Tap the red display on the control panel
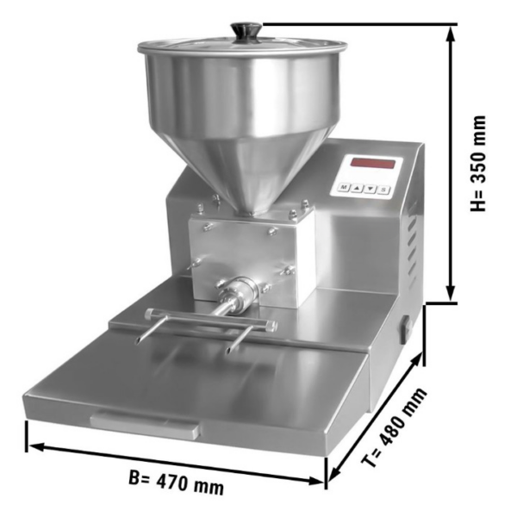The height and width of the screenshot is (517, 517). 373,163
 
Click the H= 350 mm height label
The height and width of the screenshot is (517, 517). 478,163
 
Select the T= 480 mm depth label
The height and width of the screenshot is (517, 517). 395,427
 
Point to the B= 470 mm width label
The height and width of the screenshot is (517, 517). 176,482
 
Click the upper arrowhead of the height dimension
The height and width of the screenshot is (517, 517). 451,33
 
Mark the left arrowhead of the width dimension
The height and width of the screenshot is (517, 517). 36,446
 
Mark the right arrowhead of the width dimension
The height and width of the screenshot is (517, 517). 316,481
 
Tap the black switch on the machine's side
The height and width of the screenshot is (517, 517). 406,328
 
